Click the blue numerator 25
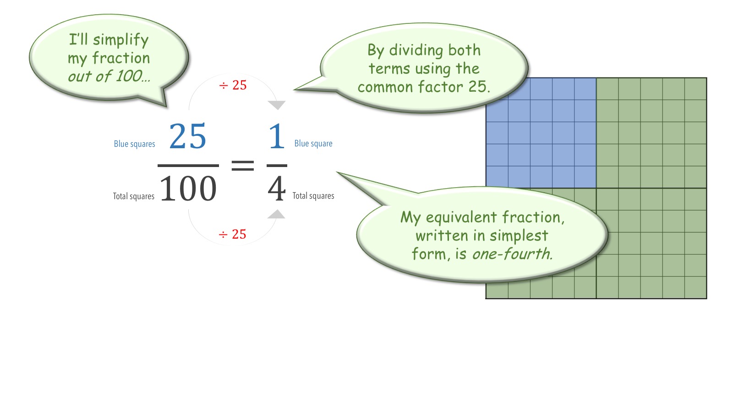[187, 136]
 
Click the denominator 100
[188, 189]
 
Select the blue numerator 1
[277, 136]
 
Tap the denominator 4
[277, 189]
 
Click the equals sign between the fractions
[242, 165]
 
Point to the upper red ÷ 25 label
[233, 85]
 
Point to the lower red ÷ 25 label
[232, 234]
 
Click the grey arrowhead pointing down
[277, 105]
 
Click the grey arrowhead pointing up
[276, 214]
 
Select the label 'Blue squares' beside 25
[135, 144]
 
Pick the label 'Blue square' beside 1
[313, 143]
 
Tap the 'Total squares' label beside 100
[133, 196]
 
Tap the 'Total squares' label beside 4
[313, 195]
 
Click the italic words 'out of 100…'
[109, 76]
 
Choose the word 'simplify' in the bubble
[121, 40]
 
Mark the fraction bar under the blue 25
[188, 166]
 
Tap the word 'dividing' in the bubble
[416, 50]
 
